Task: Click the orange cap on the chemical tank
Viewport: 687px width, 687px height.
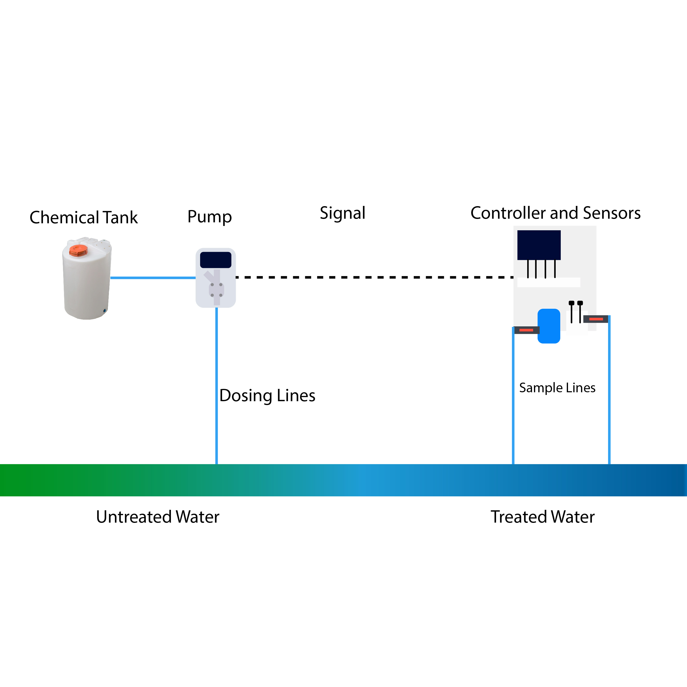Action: [78, 250]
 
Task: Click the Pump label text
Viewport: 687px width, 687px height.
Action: [210, 217]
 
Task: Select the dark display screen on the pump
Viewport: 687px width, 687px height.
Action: [216, 260]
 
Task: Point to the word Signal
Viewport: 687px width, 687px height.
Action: [343, 213]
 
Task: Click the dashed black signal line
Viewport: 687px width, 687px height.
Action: [373, 277]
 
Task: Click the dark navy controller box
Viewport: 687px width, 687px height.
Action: [539, 245]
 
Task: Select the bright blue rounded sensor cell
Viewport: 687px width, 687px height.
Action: [549, 326]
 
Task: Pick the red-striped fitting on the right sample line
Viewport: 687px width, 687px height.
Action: [596, 319]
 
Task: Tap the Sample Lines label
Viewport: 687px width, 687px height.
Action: [557, 388]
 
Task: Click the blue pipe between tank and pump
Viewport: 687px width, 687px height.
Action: [153, 278]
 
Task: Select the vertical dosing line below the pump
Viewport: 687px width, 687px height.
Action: [217, 384]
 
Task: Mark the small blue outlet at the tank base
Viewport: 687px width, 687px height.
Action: [105, 311]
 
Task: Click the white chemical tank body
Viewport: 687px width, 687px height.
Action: [86, 284]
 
